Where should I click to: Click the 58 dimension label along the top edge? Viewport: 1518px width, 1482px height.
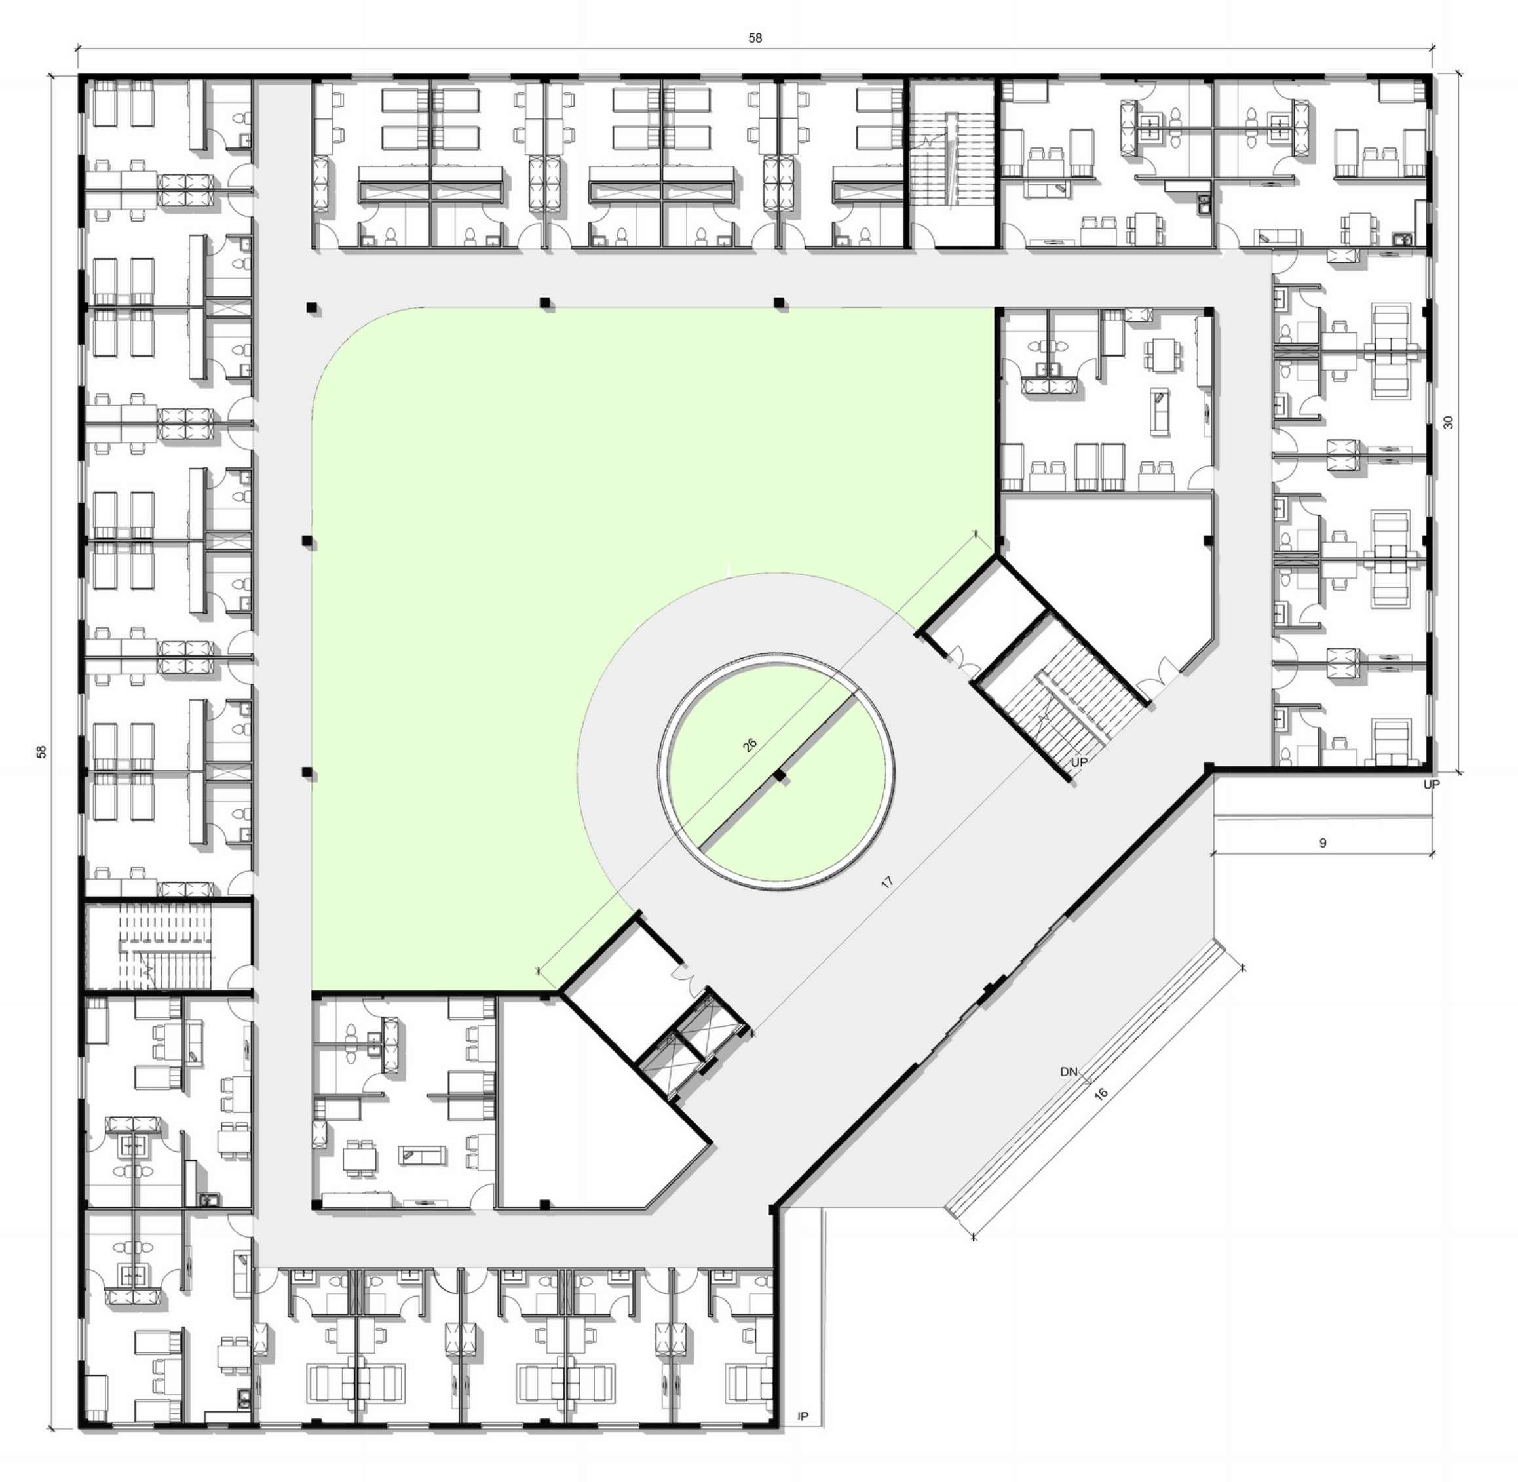pos(755,37)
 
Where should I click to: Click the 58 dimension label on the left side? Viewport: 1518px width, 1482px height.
pos(41,751)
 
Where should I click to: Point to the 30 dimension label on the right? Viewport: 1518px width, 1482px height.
pos(1448,423)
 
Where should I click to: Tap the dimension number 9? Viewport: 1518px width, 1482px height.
pos(1323,843)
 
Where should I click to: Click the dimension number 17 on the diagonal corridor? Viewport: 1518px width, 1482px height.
pos(887,882)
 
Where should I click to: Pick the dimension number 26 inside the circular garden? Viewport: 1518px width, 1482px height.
pos(750,744)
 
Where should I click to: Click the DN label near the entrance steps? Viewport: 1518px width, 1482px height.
pos(1069,1072)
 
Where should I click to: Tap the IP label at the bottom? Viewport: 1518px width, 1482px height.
pos(804,1416)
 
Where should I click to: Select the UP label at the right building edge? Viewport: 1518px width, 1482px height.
pos(1432,785)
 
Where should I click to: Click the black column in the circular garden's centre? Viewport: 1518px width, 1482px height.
pos(780,776)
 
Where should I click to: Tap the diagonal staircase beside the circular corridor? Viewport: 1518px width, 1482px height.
pos(1070,701)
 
